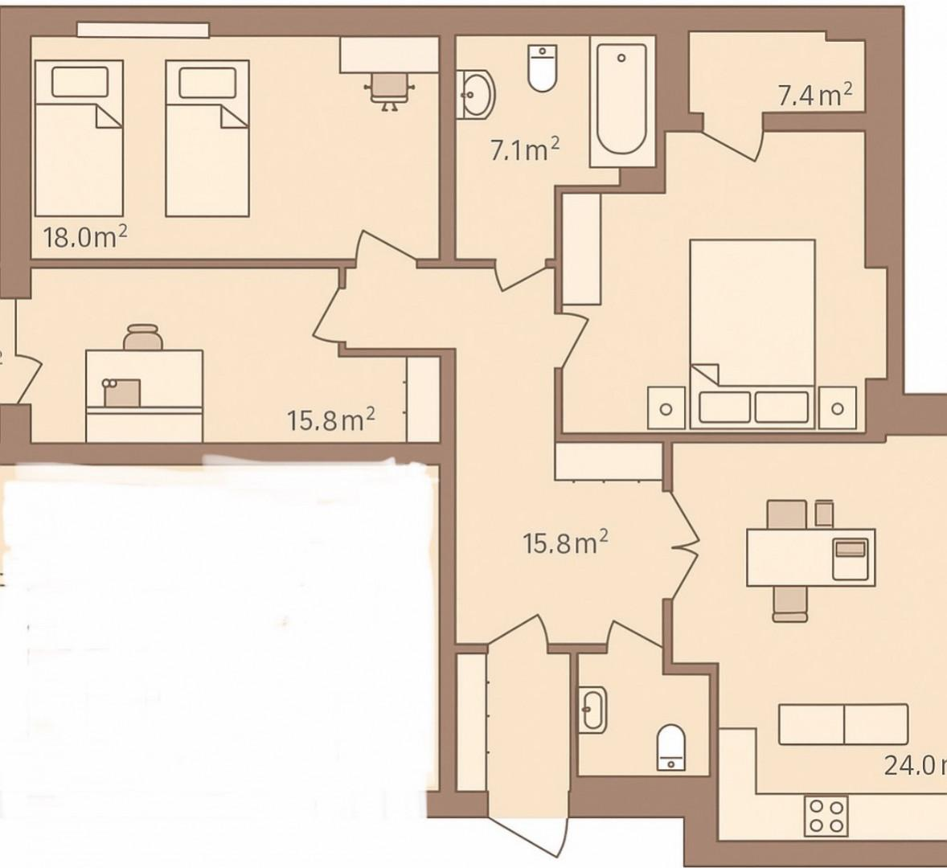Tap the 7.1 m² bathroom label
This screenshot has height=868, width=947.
tap(524, 149)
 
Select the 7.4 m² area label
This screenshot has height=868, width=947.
tap(814, 96)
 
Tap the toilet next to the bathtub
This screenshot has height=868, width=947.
tap(543, 68)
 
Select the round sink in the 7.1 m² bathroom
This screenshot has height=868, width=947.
tap(477, 95)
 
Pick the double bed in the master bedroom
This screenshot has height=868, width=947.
tap(752, 330)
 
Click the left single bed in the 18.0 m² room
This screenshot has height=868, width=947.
tap(78, 138)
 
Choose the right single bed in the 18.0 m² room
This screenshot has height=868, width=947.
tap(207, 138)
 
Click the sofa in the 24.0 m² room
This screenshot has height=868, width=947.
tap(843, 725)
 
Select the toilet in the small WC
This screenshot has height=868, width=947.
tap(671, 745)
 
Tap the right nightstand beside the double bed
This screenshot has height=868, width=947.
tap(837, 407)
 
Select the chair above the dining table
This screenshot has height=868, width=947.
tap(786, 513)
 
